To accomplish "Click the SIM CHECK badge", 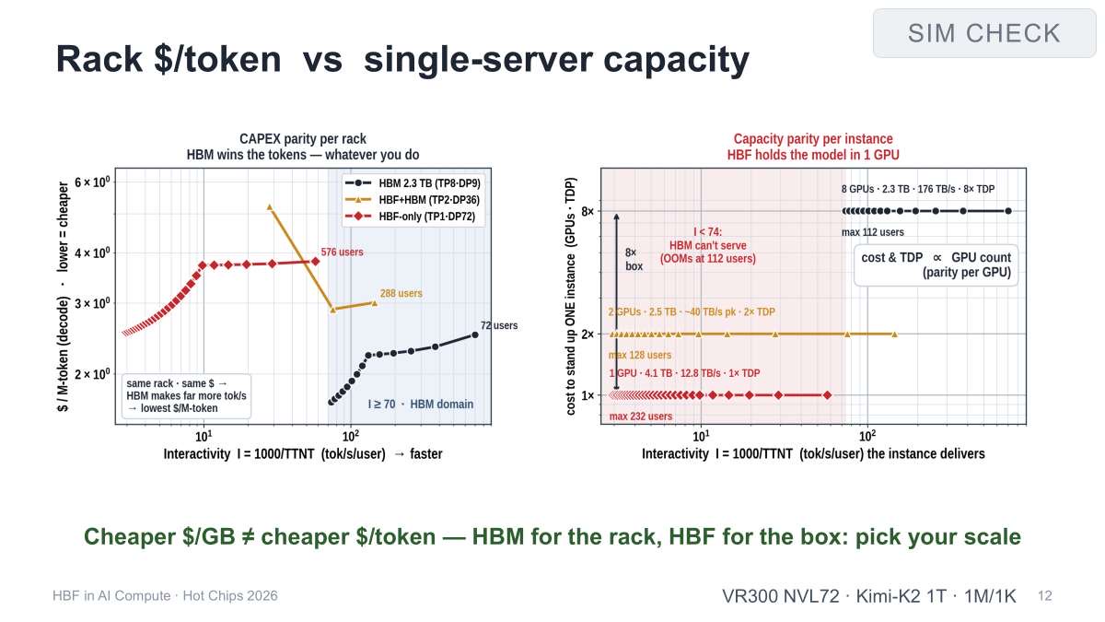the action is point(984,33).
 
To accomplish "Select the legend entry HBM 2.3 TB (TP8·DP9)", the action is point(413,183).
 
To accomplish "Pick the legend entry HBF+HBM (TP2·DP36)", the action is point(413,200).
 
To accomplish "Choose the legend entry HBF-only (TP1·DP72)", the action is point(411,217).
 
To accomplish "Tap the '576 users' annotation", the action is point(343,252).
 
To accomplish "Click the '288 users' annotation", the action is point(401,293).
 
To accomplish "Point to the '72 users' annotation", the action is point(499,325).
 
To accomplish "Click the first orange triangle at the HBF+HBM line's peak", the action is point(269,207).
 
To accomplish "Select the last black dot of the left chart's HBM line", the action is point(475,334).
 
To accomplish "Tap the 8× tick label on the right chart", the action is point(587,211).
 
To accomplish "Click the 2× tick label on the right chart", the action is point(587,334).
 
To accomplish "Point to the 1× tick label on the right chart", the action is point(587,395).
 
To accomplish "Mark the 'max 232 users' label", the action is point(640,417).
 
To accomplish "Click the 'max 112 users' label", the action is point(873,232).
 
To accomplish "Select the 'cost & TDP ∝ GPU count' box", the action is point(936,265).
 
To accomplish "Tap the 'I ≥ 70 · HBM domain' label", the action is point(420,405).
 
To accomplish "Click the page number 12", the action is point(1045,596).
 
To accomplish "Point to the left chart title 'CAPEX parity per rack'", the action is point(303,139).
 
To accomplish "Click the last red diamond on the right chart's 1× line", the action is point(827,395).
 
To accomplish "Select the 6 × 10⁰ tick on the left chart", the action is point(92,182).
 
